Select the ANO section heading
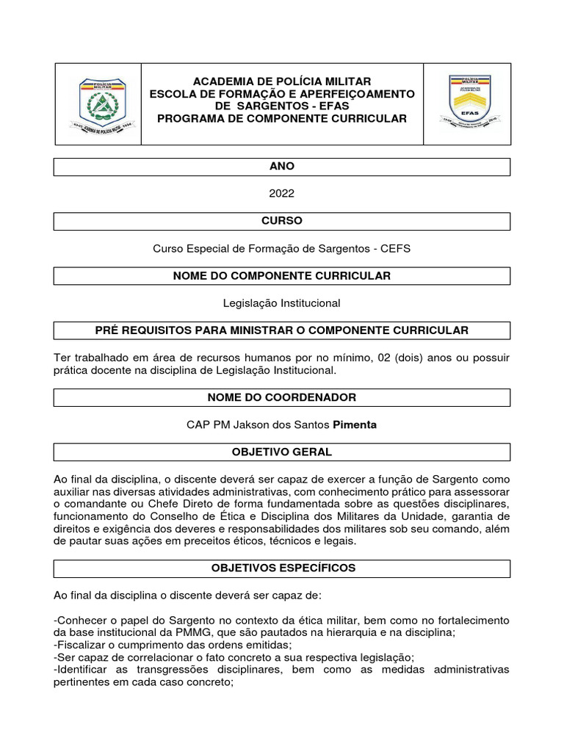(282, 167)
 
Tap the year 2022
(282, 194)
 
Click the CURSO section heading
(282, 221)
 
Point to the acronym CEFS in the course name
(396, 248)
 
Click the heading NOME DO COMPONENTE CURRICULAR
(282, 276)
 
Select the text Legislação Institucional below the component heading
(282, 303)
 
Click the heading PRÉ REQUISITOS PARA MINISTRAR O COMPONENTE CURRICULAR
(282, 330)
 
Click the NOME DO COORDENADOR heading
(282, 397)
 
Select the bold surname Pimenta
(355, 424)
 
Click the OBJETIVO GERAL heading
(282, 452)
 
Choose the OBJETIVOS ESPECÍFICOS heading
(282, 568)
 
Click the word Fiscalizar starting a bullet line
(82, 645)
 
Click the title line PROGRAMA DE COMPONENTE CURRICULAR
(282, 119)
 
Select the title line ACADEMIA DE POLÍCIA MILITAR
(282, 82)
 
